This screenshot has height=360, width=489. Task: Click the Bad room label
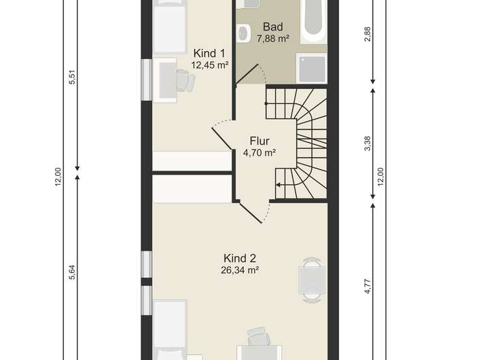coord(273,26)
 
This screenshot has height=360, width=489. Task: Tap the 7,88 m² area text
coord(273,39)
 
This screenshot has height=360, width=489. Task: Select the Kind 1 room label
coord(209,54)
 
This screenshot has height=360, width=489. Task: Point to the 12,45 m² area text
coord(210,65)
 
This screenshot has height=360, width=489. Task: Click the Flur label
coord(259,141)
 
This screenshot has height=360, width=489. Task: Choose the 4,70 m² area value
coord(259,153)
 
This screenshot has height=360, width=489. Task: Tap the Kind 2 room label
coord(240,258)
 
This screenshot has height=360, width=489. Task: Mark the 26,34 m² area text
coord(240,270)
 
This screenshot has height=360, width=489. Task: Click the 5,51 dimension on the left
coord(72,77)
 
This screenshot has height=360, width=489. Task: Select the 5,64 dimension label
coord(72,272)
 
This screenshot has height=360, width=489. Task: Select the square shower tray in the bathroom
coord(312,69)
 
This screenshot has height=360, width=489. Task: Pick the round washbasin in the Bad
coord(244,33)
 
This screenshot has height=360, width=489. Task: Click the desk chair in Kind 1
coord(185,81)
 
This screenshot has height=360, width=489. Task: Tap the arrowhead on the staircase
coord(278,185)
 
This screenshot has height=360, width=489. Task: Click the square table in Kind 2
coord(312,280)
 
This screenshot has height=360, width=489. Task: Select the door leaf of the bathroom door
coord(247,74)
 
